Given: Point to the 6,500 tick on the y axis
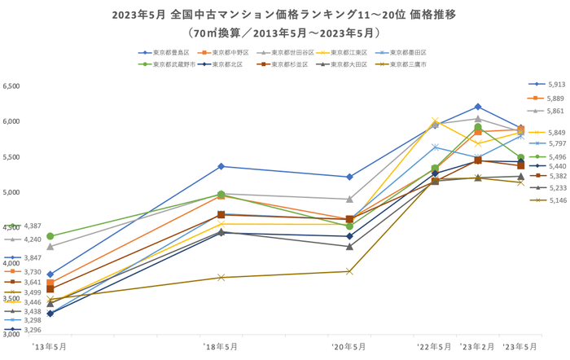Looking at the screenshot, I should point(12,86).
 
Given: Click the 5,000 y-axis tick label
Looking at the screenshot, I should point(12,193).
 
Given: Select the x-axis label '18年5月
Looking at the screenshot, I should point(221,346).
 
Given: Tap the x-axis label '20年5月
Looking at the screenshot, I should point(349,346).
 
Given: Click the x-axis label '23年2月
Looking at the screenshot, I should point(477,346).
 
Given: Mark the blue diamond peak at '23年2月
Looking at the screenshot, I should point(478,107).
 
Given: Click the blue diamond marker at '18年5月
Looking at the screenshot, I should point(221,166).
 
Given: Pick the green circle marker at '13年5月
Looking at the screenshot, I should point(50,236).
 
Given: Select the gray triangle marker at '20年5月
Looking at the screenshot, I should point(349,199).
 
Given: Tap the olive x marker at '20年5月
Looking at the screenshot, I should point(349,271).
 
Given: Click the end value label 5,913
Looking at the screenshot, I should point(556,84).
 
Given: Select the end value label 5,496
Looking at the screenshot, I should point(556,156).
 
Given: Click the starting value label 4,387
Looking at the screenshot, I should point(33,226).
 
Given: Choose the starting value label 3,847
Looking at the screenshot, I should point(33,257).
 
